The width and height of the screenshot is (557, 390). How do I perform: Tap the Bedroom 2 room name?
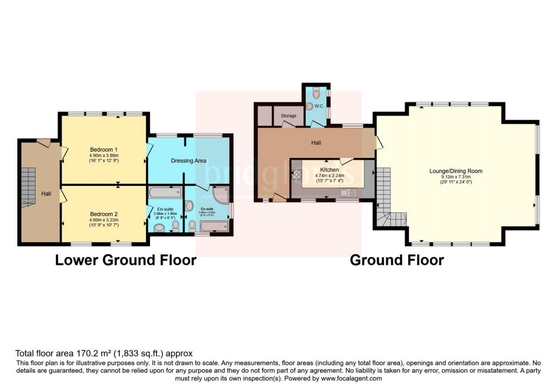(104, 214)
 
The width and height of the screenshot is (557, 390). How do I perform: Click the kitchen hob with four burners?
(297, 175)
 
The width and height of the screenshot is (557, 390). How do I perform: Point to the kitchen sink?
(351, 191)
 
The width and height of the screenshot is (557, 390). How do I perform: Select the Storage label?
(289, 116)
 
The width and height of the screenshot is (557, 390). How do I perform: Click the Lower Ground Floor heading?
(126, 261)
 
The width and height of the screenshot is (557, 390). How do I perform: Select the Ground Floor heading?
(397, 261)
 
